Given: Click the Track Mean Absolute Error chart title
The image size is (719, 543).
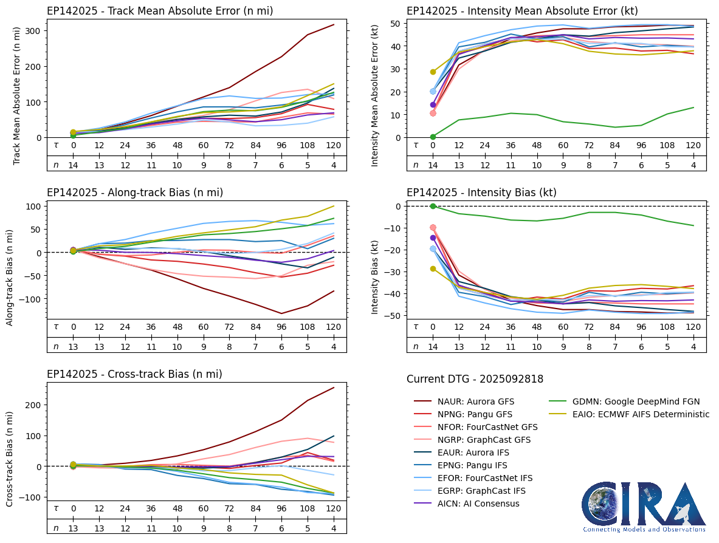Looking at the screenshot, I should tap(160, 11).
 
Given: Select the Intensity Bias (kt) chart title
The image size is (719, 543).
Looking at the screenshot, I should tap(481, 193).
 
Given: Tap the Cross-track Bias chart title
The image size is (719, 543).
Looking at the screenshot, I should tap(134, 374).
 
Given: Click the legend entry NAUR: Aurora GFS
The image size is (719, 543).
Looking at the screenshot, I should tap(472, 401).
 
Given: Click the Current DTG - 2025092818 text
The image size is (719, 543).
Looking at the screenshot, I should tap(475, 380).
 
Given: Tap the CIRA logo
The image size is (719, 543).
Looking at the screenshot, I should tap(644, 508).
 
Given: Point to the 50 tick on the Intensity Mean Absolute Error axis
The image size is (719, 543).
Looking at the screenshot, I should tap(394, 24).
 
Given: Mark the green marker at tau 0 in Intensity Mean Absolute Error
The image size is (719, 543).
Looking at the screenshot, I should tap(433, 137).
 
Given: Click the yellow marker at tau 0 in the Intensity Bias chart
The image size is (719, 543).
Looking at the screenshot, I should tap(433, 268).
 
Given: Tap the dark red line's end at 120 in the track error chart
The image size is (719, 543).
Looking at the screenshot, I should tap(334, 25).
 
